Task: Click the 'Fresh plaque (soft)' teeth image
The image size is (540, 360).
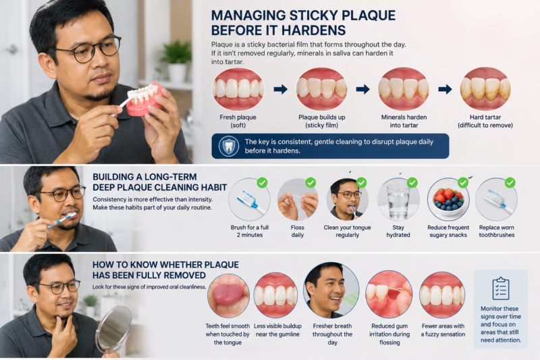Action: click(x=238, y=89)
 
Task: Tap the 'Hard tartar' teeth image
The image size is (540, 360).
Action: click(x=485, y=89)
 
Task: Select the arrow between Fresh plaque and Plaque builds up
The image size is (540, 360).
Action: click(x=280, y=89)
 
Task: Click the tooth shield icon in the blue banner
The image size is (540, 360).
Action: click(x=228, y=146)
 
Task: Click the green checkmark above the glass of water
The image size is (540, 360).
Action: click(x=412, y=182)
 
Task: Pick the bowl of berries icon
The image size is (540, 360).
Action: click(x=448, y=201)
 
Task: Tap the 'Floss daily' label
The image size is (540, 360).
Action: click(x=297, y=231)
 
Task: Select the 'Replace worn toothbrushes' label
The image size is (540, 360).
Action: click(x=496, y=231)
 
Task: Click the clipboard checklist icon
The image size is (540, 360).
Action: click(x=500, y=288)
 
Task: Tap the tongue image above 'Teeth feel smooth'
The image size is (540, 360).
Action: click(x=228, y=295)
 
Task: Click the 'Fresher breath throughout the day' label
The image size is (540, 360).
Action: click(x=332, y=334)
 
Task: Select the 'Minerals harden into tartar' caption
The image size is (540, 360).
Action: click(x=404, y=122)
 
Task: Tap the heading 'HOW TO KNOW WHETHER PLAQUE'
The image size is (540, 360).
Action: click(x=165, y=265)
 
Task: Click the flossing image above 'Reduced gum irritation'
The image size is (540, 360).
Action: click(x=389, y=294)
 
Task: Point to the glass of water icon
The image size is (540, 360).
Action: click(x=398, y=201)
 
